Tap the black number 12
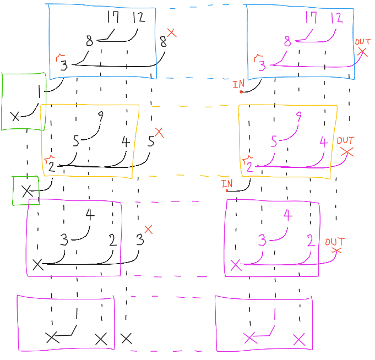138,18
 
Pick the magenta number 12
336,18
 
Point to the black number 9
100,117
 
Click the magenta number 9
298,117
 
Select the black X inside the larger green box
15,116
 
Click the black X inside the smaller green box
26,191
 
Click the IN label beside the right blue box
238,84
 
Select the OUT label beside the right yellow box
345,141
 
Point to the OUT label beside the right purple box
334,242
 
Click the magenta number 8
287,41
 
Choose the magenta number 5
274,141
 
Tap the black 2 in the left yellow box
51,167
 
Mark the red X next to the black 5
159,132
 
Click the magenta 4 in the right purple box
287,215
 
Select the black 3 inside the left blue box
64,66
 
